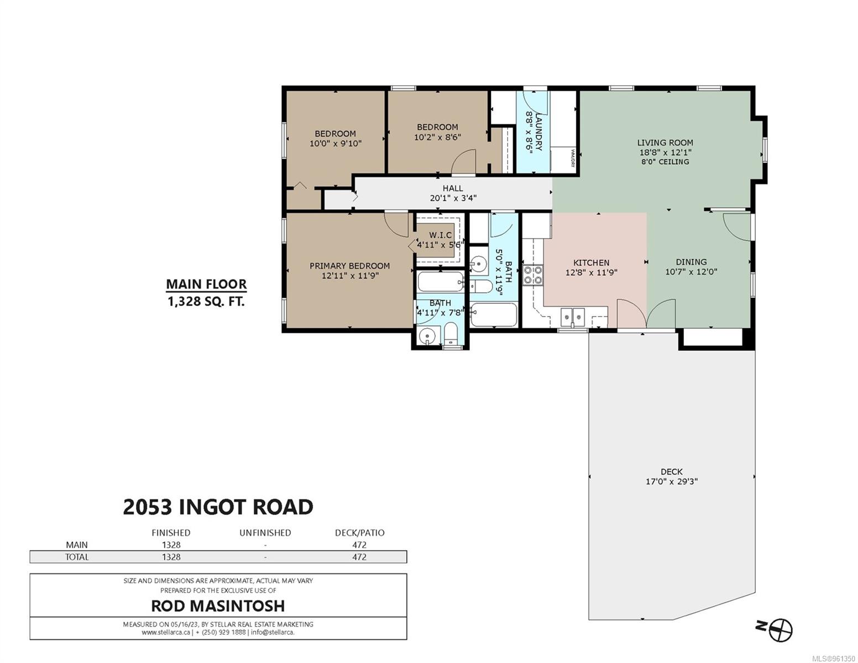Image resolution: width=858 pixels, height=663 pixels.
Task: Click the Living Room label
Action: (665, 143)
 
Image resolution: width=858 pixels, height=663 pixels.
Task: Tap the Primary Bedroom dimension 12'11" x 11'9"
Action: (349, 275)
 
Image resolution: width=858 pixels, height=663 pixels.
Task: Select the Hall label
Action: (452, 188)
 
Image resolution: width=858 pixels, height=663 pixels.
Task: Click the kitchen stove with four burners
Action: (533, 275)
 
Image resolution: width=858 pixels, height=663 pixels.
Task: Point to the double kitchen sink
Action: (572, 317)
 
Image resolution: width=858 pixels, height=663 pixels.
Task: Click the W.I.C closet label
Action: (440, 235)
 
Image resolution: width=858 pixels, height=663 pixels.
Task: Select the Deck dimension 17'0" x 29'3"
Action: (671, 481)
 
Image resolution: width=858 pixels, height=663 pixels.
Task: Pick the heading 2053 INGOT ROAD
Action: (218, 507)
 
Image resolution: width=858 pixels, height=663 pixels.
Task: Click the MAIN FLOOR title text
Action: (206, 284)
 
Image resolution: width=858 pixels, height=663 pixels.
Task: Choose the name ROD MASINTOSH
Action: (218, 606)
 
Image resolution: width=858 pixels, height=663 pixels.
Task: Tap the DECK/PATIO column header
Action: (359, 533)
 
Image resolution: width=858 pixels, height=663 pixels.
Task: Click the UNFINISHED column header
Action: (265, 533)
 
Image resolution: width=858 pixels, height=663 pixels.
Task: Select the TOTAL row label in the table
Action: (76, 557)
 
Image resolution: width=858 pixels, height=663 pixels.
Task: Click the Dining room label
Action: (690, 262)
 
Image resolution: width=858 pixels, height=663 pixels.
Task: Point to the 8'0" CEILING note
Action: (665, 162)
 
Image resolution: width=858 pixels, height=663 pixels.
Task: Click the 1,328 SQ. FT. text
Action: (206, 301)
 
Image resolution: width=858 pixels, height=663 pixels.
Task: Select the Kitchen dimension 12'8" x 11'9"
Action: (591, 272)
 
